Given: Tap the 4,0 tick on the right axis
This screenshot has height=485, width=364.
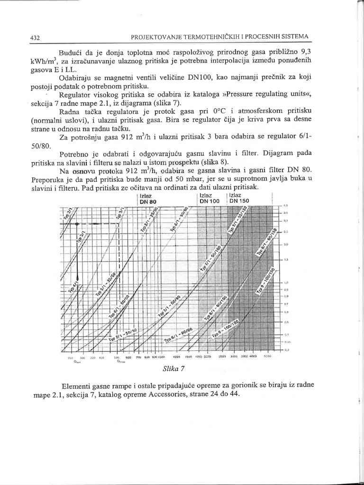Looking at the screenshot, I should tap(286, 206).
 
